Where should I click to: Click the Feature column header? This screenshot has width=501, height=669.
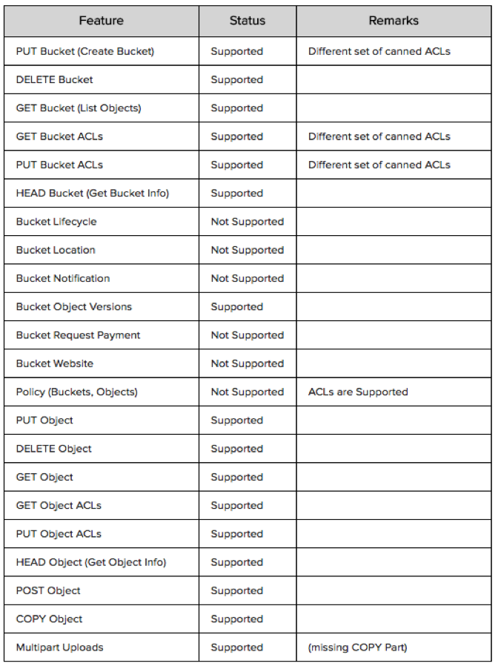[x=101, y=21]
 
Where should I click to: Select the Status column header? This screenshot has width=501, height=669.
[x=247, y=21]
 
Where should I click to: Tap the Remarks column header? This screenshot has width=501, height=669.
[x=394, y=21]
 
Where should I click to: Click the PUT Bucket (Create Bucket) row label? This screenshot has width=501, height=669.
[x=84, y=51]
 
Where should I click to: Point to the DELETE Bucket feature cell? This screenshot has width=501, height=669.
[x=54, y=79]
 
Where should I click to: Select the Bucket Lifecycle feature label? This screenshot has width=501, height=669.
[x=56, y=222]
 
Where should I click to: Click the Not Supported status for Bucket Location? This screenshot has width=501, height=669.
[x=247, y=250]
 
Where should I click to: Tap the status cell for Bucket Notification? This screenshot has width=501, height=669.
[x=247, y=278]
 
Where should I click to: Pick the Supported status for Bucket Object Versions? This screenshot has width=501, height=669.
[x=236, y=307]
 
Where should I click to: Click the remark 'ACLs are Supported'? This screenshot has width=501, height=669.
[x=358, y=392]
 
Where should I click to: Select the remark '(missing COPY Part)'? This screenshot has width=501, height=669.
[x=357, y=647]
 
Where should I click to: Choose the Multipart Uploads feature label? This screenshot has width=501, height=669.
[x=59, y=647]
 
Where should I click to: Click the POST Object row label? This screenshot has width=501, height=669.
[x=48, y=590]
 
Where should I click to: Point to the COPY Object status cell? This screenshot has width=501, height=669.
[x=236, y=619]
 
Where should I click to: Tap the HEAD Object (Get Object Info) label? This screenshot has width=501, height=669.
[x=90, y=562]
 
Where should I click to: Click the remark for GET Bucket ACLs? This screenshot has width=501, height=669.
[x=379, y=136]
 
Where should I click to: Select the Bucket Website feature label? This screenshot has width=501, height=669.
[x=55, y=363]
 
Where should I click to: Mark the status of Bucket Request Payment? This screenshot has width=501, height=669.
[x=247, y=335]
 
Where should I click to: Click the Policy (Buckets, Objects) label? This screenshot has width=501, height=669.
[x=76, y=392]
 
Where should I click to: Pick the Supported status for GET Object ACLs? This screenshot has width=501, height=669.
[x=236, y=505]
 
